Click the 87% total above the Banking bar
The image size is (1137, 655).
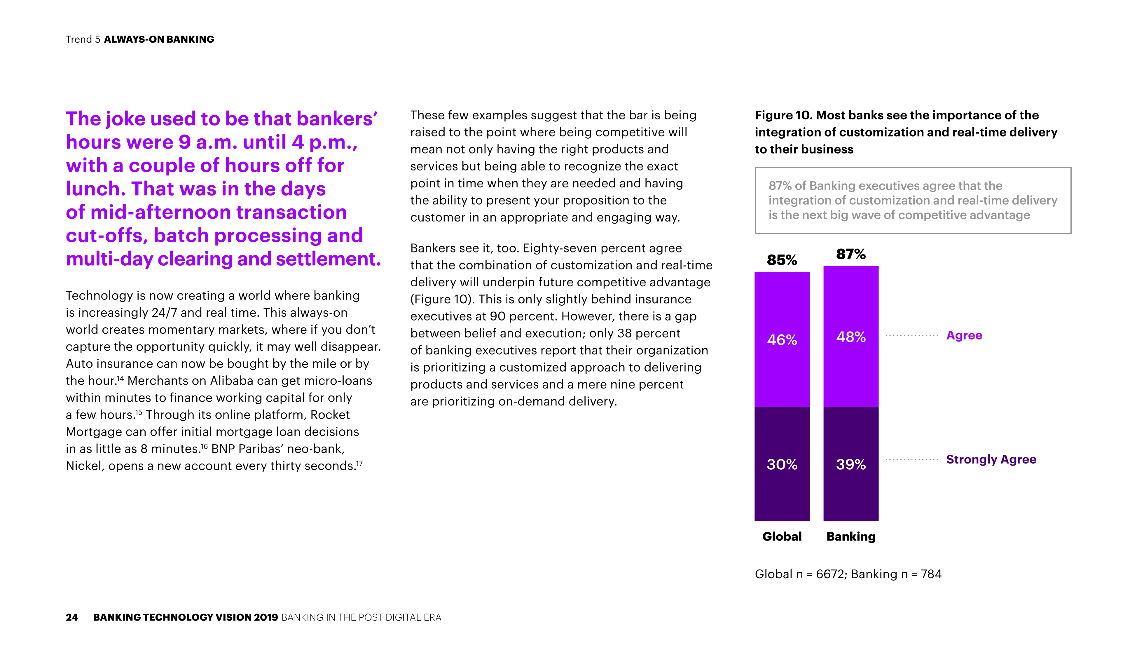coord(850,254)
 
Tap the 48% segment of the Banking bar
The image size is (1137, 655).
coord(850,337)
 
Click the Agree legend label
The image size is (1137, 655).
coord(964,335)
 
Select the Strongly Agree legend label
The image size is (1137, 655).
coord(991,459)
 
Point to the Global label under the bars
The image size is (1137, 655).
coord(782,536)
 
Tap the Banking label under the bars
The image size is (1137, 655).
coord(850,536)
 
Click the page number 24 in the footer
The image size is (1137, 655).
coord(72,617)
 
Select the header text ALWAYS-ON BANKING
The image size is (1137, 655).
coord(159,39)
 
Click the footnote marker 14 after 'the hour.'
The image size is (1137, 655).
coord(120,378)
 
